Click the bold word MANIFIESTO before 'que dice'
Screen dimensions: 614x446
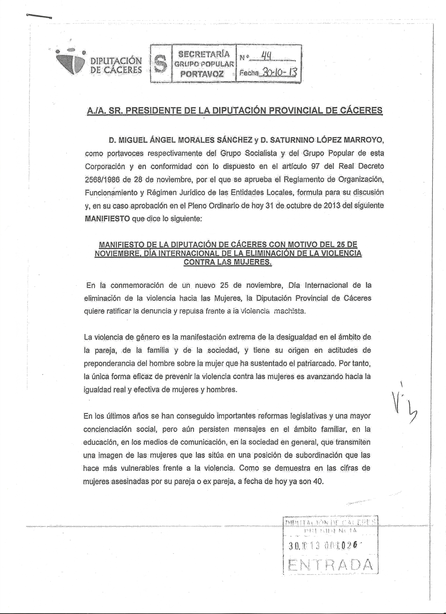click(107, 219)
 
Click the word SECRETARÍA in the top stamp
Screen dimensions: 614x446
click(204, 54)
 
